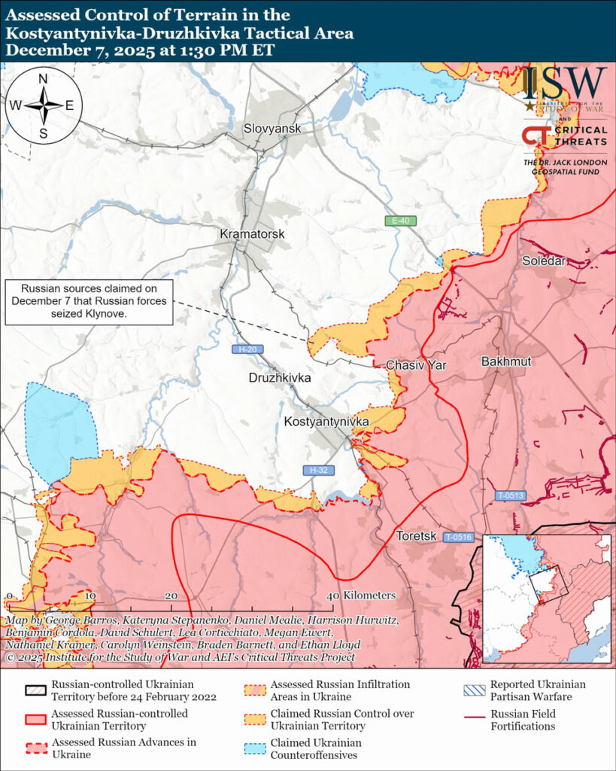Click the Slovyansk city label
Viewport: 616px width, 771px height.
point(272,129)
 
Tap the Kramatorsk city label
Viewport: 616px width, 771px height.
point(252,234)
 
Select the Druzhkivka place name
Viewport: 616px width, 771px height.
point(279,378)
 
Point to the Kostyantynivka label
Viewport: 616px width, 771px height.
point(326,422)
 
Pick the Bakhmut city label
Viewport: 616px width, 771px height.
point(506,361)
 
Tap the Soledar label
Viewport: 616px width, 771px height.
point(544,261)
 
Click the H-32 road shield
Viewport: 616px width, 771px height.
point(319,470)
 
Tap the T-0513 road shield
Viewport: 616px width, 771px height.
point(511,495)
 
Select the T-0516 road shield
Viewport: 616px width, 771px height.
point(457,537)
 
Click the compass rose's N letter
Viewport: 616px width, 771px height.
point(43,79)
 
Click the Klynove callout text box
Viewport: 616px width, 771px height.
point(89,301)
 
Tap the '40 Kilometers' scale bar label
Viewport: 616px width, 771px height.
point(360,595)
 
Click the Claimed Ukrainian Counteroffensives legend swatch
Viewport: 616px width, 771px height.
point(256,748)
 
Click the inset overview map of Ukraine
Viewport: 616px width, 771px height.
point(545,599)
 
